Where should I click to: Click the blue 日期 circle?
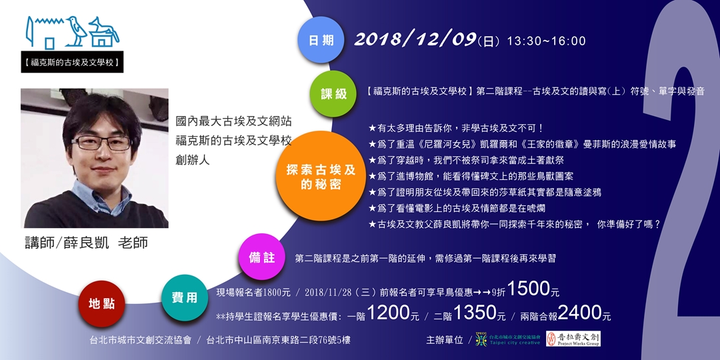321,39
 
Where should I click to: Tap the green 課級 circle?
334,93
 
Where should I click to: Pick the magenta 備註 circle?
262,257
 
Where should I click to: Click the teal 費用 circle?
184,297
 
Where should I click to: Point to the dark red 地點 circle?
101,303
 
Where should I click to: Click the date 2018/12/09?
415,39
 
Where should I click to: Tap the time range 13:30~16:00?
546,41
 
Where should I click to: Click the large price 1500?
528,289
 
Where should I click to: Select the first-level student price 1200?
387,313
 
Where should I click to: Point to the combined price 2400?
579,313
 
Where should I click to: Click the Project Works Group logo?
573,339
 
